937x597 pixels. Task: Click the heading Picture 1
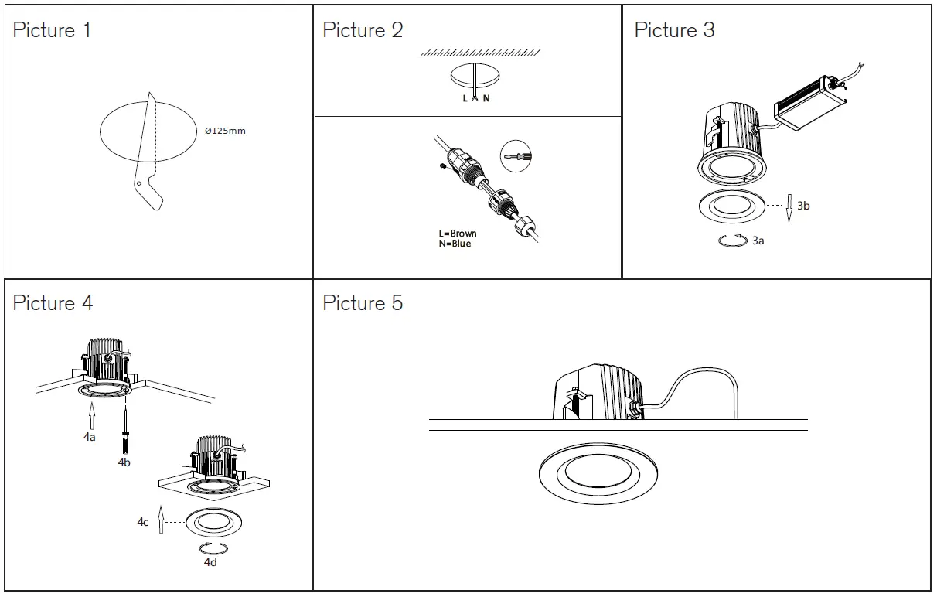[52, 31]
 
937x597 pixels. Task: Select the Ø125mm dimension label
[225, 131]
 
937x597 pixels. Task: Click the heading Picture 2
[363, 31]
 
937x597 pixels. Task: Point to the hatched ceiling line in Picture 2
[479, 53]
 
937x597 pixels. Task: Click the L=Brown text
[458, 234]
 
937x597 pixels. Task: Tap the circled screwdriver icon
[516, 157]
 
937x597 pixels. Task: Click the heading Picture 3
[674, 31]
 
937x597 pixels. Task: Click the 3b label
[803, 206]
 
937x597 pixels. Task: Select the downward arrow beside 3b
[788, 207]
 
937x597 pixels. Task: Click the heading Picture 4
[53, 303]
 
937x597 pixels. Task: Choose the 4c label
[143, 522]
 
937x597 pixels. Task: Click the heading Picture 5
[363, 303]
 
